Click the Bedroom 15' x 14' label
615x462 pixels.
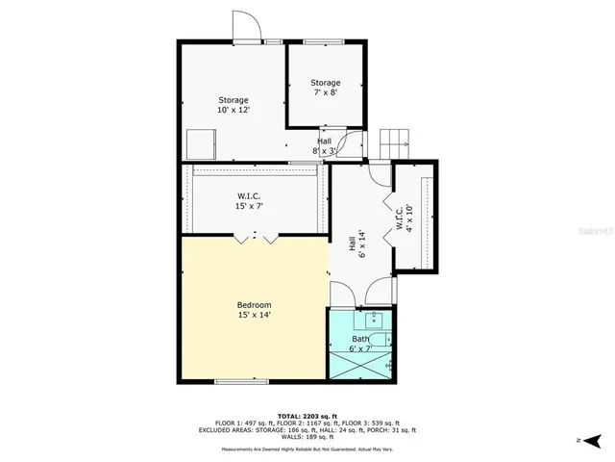(x=255, y=309)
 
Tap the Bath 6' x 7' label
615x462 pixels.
(x=359, y=345)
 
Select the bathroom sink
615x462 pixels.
(x=375, y=321)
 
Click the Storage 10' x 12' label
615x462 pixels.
(x=234, y=105)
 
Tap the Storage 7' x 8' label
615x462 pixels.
(x=326, y=88)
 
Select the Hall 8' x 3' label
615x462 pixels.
(x=325, y=146)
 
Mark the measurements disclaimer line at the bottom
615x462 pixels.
(x=307, y=449)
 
